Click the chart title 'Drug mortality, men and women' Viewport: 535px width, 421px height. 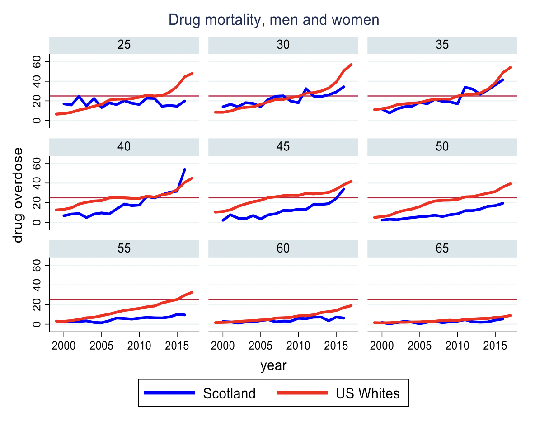273,20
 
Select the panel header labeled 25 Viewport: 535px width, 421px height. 124,45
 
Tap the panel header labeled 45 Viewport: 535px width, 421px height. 283,146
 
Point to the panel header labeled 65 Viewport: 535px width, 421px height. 442,248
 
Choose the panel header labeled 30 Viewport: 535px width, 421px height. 283,45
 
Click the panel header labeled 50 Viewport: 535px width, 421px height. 442,146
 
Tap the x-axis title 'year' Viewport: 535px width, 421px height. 273,365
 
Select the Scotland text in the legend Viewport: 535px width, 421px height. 229,393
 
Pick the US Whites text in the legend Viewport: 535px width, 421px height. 367,393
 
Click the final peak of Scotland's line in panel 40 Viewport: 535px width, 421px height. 185,169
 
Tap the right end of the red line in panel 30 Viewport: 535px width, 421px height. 352,65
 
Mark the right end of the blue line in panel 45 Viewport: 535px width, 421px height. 344,189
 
